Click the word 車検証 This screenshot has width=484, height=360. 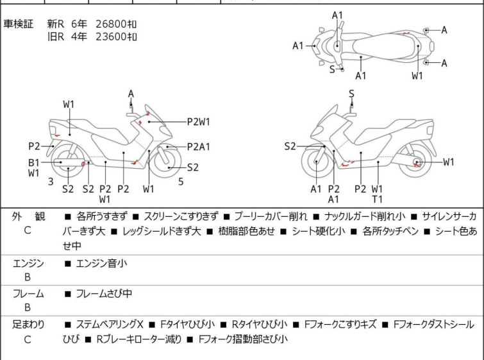pos(19,24)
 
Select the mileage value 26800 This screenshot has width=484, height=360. pos(109,24)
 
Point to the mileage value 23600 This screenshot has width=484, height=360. pos(109,37)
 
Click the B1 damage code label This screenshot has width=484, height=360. pos(33,162)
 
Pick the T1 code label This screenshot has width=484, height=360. pos(377,199)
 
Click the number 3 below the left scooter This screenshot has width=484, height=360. pos(51,182)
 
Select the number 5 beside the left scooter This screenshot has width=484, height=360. pos(181,182)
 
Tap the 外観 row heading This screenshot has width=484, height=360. pos(28,217)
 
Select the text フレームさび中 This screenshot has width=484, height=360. pos(104,294)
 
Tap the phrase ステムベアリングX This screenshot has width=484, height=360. pos(110,325)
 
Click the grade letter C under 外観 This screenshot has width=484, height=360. pos(28,230)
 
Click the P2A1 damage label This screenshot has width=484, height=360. pos(199,146)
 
